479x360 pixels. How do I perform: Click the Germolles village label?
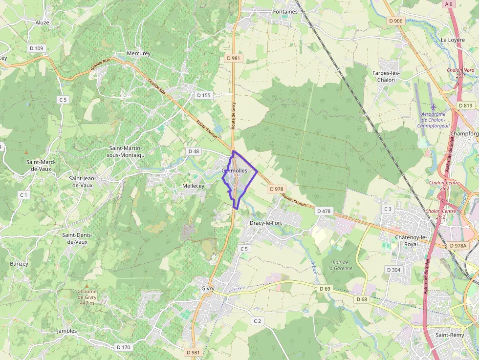tap(234, 171)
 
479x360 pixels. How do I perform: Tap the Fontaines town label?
tap(285, 12)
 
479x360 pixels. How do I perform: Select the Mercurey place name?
tap(138, 53)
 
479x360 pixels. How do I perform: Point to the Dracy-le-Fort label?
tap(266, 223)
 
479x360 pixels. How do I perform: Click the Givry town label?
tap(208, 288)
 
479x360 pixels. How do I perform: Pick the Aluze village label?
tap(43, 22)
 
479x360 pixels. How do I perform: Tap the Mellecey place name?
tap(193, 186)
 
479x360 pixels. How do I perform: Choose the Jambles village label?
tap(67, 331)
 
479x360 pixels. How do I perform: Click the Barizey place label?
tap(19, 264)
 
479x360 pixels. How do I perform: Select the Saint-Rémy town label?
tap(450, 335)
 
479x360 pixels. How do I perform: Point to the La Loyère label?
tap(453, 40)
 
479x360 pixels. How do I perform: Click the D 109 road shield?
tap(37, 48)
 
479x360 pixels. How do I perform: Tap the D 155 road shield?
tap(203, 95)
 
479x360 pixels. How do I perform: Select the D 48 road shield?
tap(194, 151)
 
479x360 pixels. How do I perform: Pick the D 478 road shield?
tap(324, 211)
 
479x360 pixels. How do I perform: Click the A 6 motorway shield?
tap(449, 4)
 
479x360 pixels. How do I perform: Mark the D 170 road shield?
tap(124, 347)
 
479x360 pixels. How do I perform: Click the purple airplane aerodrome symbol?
tap(433, 106)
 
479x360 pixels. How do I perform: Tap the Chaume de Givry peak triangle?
tap(87, 286)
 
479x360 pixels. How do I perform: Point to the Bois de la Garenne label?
tap(340, 265)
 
